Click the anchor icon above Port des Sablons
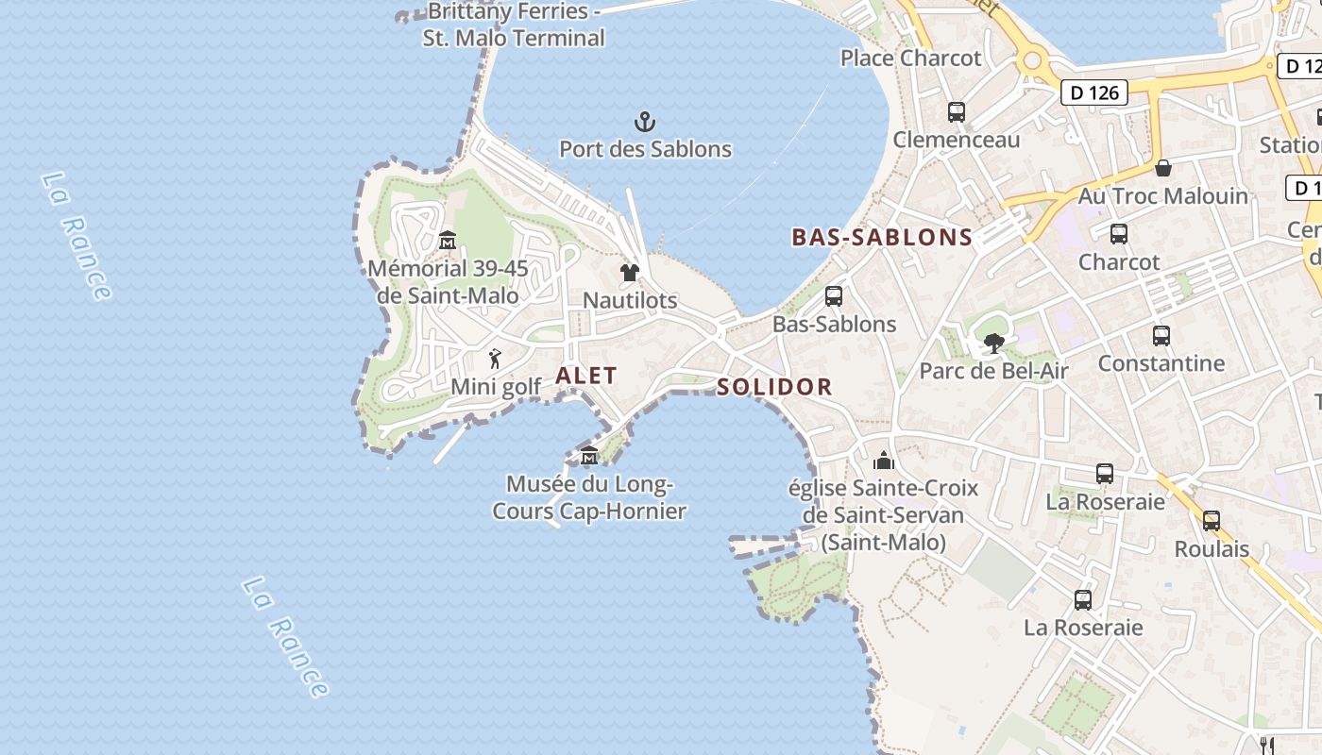click(x=645, y=121)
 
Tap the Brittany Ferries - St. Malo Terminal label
click(x=514, y=25)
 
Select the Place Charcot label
click(x=911, y=58)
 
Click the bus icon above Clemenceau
click(x=957, y=112)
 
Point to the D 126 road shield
click(x=1095, y=92)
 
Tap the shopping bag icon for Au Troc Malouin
click(x=1163, y=168)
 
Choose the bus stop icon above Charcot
click(x=1119, y=233)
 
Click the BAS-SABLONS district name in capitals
click(x=882, y=237)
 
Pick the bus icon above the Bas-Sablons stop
click(x=834, y=296)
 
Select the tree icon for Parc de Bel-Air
click(x=993, y=343)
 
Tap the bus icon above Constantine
click(x=1161, y=335)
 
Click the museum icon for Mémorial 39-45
click(x=448, y=241)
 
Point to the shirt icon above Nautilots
click(x=630, y=273)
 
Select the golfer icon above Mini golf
click(x=495, y=359)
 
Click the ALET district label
click(x=586, y=376)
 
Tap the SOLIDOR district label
click(x=774, y=387)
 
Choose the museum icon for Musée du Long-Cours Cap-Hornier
click(x=589, y=457)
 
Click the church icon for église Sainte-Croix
click(x=884, y=461)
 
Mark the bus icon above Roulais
click(x=1212, y=520)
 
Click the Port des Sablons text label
click(x=645, y=149)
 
